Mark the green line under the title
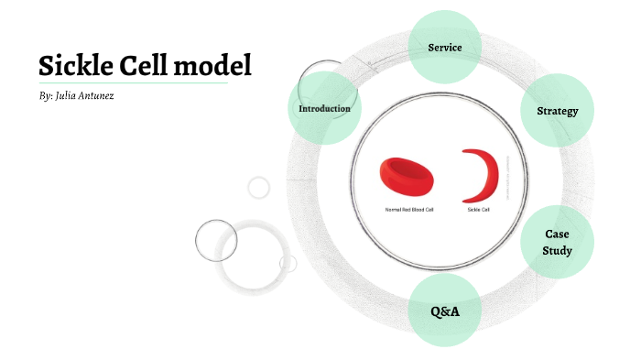click(x=133, y=82)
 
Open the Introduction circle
click(x=324, y=109)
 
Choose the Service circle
click(x=445, y=47)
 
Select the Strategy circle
click(x=557, y=111)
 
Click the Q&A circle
click(x=445, y=311)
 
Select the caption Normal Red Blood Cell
click(x=409, y=210)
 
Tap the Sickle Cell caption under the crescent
click(x=479, y=210)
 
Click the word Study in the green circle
click(x=557, y=251)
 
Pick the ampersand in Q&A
click(x=445, y=311)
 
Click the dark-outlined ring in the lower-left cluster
click(x=216, y=241)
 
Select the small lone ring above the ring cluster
click(x=259, y=187)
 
